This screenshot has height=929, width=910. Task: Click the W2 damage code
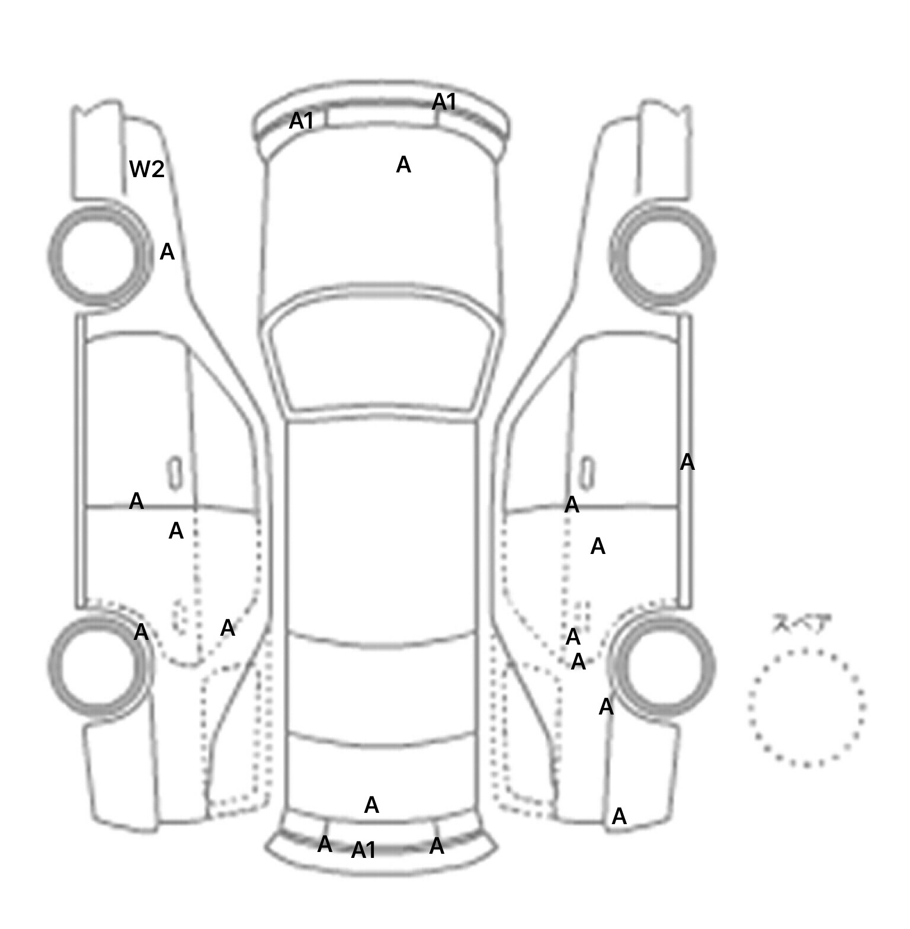[146, 169]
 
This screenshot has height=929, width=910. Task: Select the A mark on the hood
[403, 165]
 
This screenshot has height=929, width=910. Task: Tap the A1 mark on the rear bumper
[364, 850]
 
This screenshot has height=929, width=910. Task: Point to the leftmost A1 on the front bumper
[301, 121]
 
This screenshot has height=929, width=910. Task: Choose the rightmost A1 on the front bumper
[444, 102]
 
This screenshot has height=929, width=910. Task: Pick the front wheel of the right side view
[662, 256]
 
